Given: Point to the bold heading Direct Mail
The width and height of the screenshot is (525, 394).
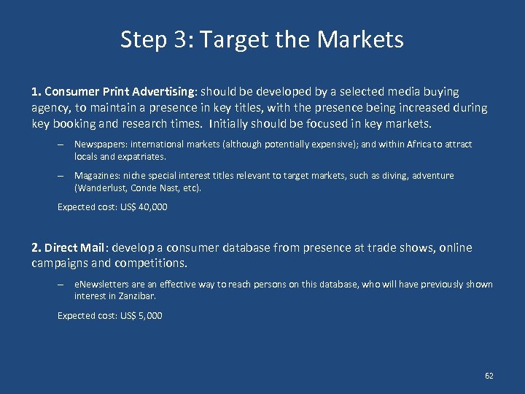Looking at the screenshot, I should click(x=72, y=247).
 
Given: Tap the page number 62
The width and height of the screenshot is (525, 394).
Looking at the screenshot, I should click(x=489, y=376).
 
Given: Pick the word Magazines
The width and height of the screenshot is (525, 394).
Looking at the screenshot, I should click(x=96, y=176).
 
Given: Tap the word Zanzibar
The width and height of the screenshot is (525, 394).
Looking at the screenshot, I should click(x=138, y=296).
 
